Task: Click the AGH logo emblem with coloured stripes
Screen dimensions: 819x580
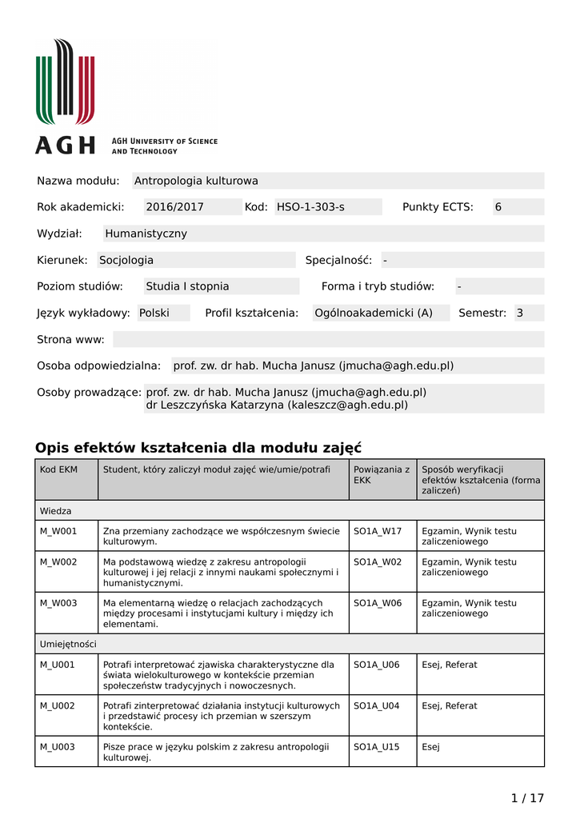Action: click(65, 83)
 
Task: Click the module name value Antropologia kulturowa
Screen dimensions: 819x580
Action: click(196, 181)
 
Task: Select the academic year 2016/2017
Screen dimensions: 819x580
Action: click(174, 207)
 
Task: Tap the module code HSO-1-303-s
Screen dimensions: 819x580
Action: click(310, 207)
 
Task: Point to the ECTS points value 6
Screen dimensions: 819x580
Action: click(498, 207)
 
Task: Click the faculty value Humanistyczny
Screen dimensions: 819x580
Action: click(146, 234)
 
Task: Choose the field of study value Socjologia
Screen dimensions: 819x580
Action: click(126, 260)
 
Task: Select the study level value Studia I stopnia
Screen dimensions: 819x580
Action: click(187, 286)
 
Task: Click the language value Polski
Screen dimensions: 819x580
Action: click(154, 313)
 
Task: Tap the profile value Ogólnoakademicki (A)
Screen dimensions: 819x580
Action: click(374, 313)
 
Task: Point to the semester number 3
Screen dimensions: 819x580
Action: click(520, 313)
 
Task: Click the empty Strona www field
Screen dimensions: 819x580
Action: click(328, 339)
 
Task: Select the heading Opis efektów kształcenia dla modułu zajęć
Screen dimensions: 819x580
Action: click(198, 448)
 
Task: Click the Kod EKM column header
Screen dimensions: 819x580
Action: click(58, 469)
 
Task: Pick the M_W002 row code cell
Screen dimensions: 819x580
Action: click(58, 561)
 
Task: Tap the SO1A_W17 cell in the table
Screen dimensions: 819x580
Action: click(378, 530)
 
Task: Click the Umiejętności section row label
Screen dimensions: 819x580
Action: click(68, 643)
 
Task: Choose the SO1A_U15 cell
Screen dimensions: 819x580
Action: click(376, 747)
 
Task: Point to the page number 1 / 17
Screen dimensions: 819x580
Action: click(527, 797)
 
